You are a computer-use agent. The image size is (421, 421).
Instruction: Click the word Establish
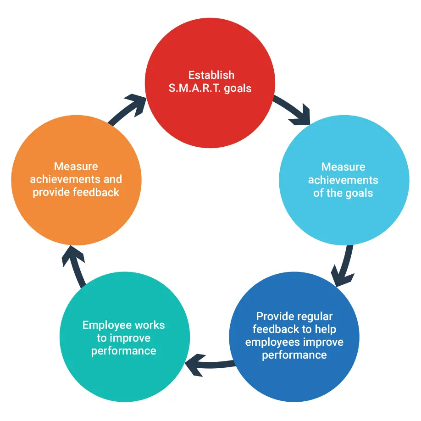[x=211, y=75]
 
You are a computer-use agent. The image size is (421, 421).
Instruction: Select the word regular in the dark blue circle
[x=315, y=316]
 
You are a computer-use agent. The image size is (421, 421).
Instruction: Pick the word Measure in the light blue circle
[x=343, y=167]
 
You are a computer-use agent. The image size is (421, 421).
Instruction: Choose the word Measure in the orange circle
[x=76, y=166]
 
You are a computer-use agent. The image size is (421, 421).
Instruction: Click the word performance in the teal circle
[x=123, y=351]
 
